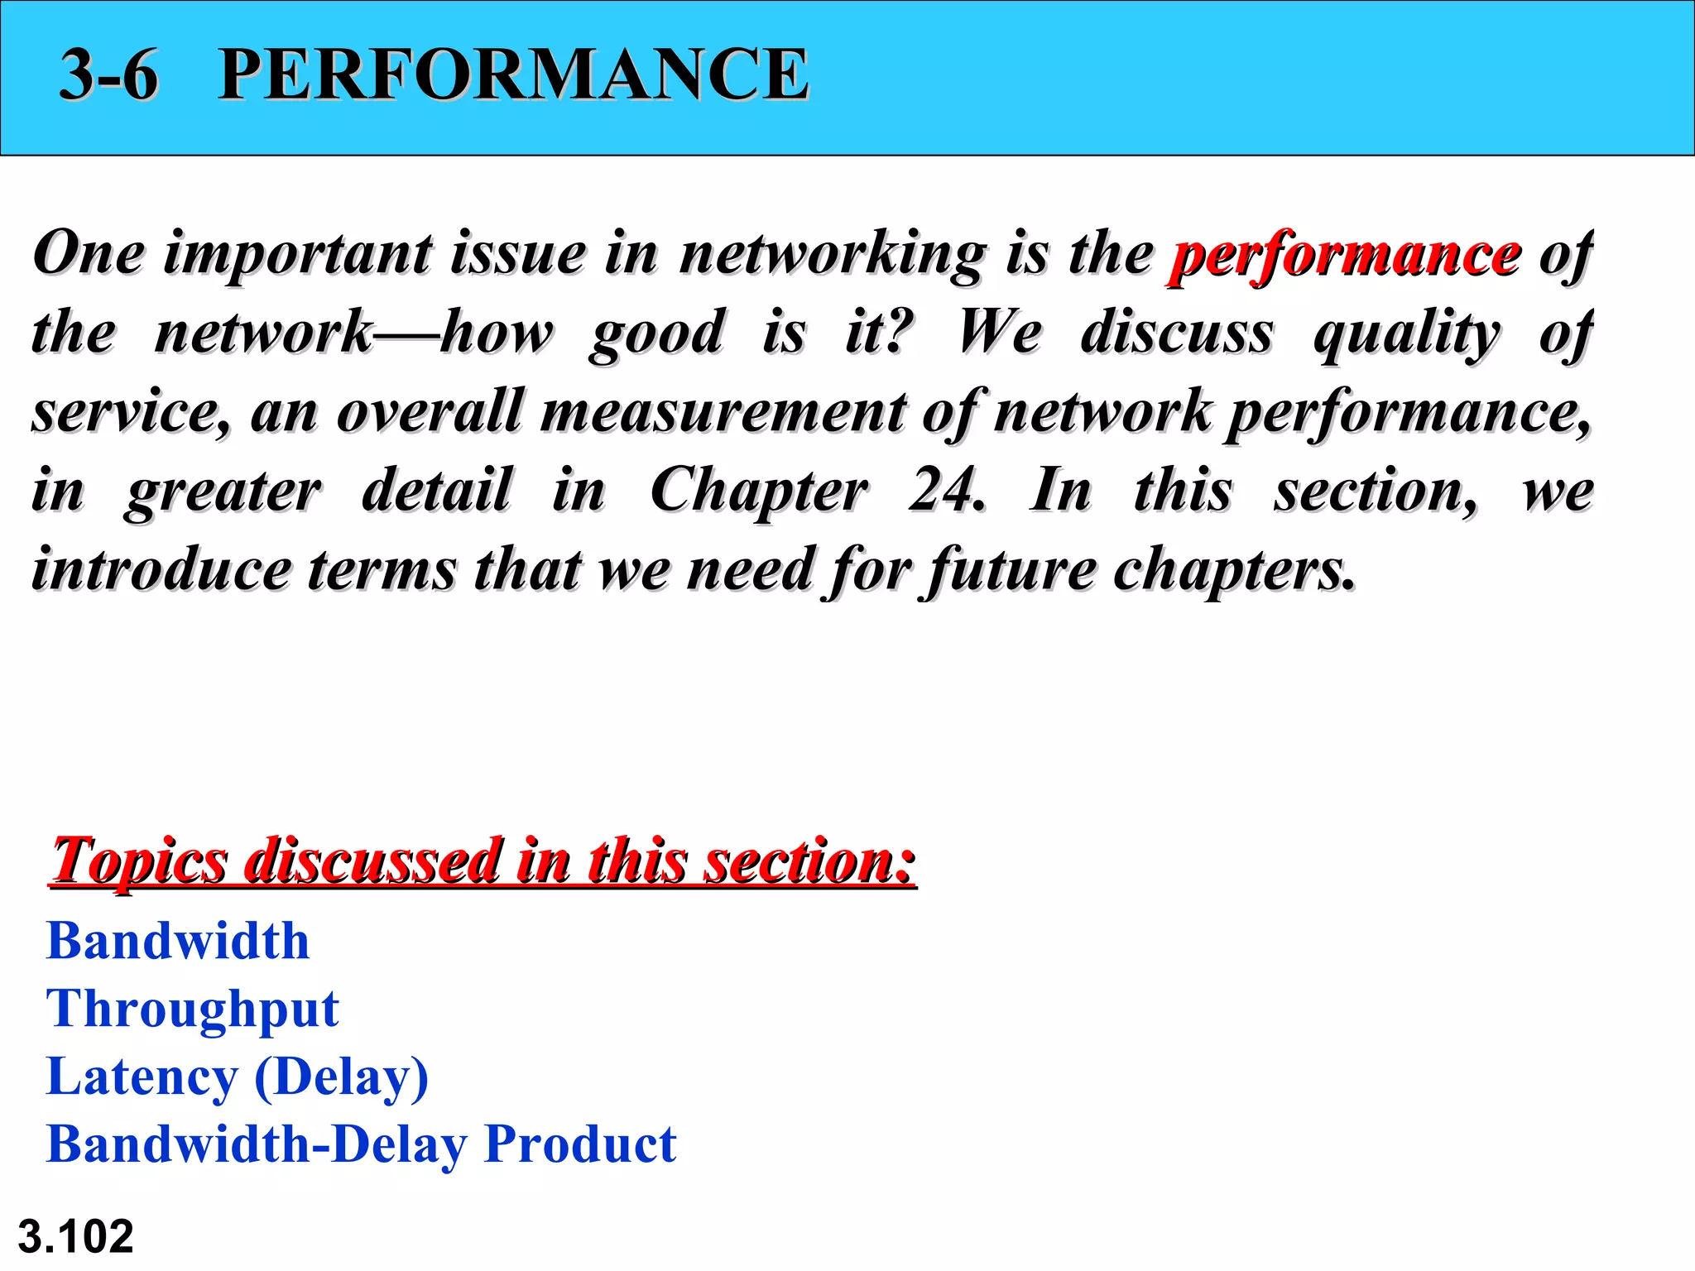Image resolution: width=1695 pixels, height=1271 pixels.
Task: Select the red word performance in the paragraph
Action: tap(1345, 255)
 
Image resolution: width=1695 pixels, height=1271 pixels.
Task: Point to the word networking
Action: tap(832, 255)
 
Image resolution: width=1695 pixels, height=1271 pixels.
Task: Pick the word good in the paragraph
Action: tap(657, 333)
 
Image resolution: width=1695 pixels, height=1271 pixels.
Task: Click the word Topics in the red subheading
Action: tap(139, 861)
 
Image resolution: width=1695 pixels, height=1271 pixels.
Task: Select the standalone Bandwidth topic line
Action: tap(178, 941)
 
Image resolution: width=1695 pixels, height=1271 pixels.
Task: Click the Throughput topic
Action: tap(193, 1010)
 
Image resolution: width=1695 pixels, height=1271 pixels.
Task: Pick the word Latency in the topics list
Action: tap(142, 1077)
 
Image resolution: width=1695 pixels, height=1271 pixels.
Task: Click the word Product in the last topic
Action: tap(580, 1144)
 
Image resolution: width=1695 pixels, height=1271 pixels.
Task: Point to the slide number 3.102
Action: tap(75, 1236)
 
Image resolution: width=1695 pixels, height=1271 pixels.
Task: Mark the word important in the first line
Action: tap(297, 255)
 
